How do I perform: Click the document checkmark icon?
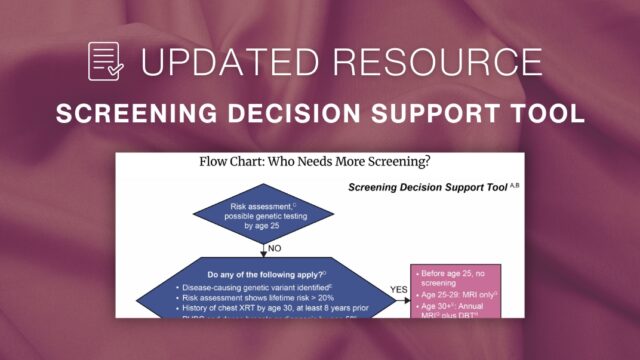[106, 61]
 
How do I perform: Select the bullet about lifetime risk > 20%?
[262, 299]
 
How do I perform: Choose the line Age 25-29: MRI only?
[460, 294]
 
